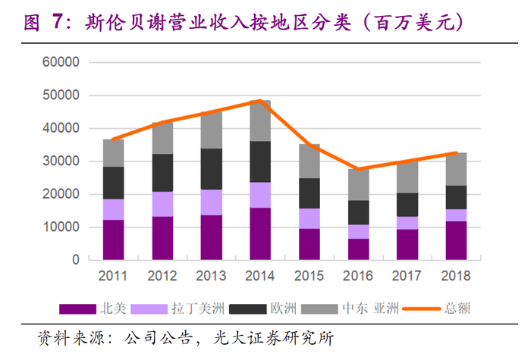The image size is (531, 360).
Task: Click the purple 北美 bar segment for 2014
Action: (x=260, y=233)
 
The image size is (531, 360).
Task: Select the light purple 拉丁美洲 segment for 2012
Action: (x=162, y=203)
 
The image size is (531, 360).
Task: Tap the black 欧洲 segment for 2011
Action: (x=113, y=183)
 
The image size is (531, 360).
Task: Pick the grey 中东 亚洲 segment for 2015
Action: (x=309, y=161)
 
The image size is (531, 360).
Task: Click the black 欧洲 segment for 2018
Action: (x=456, y=197)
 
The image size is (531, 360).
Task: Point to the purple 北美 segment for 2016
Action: (x=358, y=249)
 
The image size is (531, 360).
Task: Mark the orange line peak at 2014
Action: (x=260, y=101)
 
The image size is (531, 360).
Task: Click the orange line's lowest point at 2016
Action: (x=358, y=168)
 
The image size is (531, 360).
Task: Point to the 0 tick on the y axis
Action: (x=74, y=260)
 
